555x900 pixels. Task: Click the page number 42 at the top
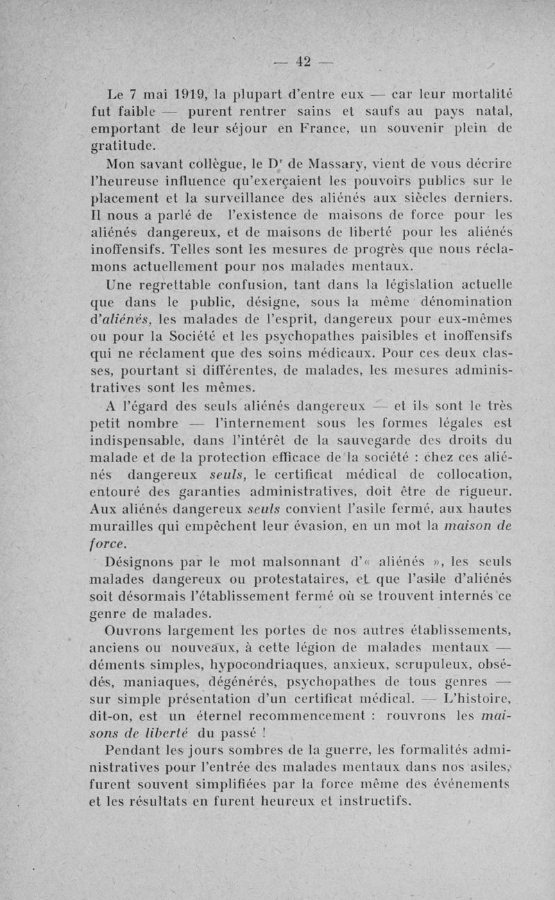[x=302, y=61]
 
